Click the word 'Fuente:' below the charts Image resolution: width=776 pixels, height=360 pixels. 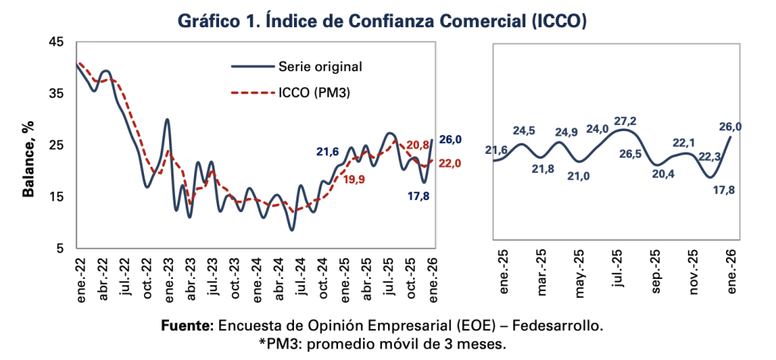[188, 326]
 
